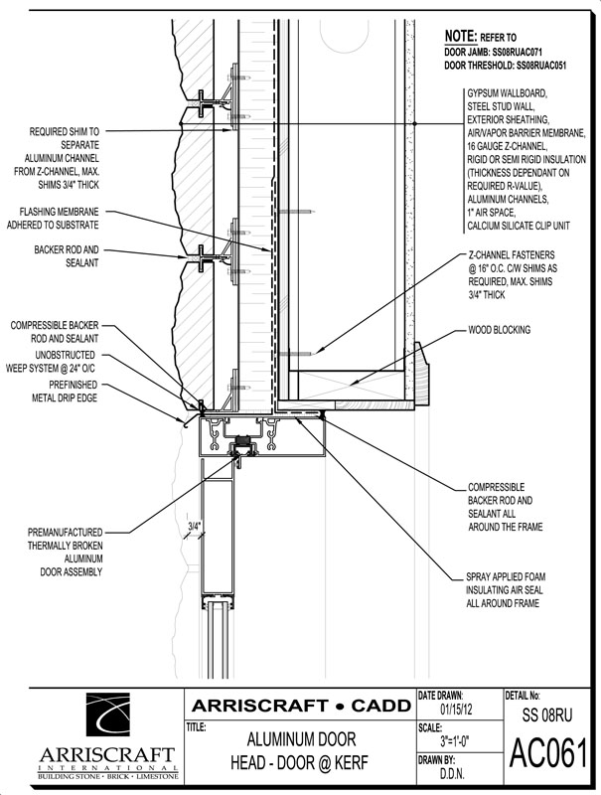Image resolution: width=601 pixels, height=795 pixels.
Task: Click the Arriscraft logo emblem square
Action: (108, 715)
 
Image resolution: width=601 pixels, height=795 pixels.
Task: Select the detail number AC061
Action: (547, 753)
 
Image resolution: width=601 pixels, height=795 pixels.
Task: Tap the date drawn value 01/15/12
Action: (455, 709)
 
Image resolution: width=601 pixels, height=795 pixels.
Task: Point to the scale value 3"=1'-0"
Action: (455, 741)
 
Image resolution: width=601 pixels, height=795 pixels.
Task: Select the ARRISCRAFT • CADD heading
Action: (301, 706)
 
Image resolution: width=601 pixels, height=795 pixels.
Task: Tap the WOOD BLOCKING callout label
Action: (499, 330)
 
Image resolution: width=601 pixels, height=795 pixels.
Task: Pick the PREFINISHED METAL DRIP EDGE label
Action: (65, 392)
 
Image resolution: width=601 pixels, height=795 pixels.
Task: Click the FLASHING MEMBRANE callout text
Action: (53, 219)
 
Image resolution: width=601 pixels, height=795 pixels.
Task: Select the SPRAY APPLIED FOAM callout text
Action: (506, 590)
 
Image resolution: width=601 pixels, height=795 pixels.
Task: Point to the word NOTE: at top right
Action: (461, 36)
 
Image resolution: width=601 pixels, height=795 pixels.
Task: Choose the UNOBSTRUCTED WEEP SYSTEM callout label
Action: (51, 362)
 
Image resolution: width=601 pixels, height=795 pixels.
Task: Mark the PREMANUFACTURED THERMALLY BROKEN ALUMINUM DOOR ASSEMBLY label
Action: (65, 553)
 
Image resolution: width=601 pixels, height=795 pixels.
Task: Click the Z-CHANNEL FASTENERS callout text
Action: (513, 275)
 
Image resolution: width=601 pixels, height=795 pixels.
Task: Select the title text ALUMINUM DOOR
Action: (301, 739)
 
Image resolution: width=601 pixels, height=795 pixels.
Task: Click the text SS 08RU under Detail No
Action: (546, 715)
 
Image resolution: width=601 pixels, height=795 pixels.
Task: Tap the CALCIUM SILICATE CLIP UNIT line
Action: (519, 226)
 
